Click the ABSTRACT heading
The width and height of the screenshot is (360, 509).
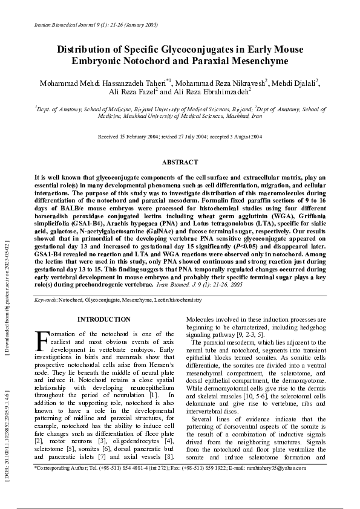[x=180, y=162]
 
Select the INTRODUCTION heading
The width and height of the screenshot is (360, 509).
[x=104, y=319]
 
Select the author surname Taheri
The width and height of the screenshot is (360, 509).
[x=151, y=83]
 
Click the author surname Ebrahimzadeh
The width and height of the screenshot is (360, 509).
[x=224, y=92]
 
